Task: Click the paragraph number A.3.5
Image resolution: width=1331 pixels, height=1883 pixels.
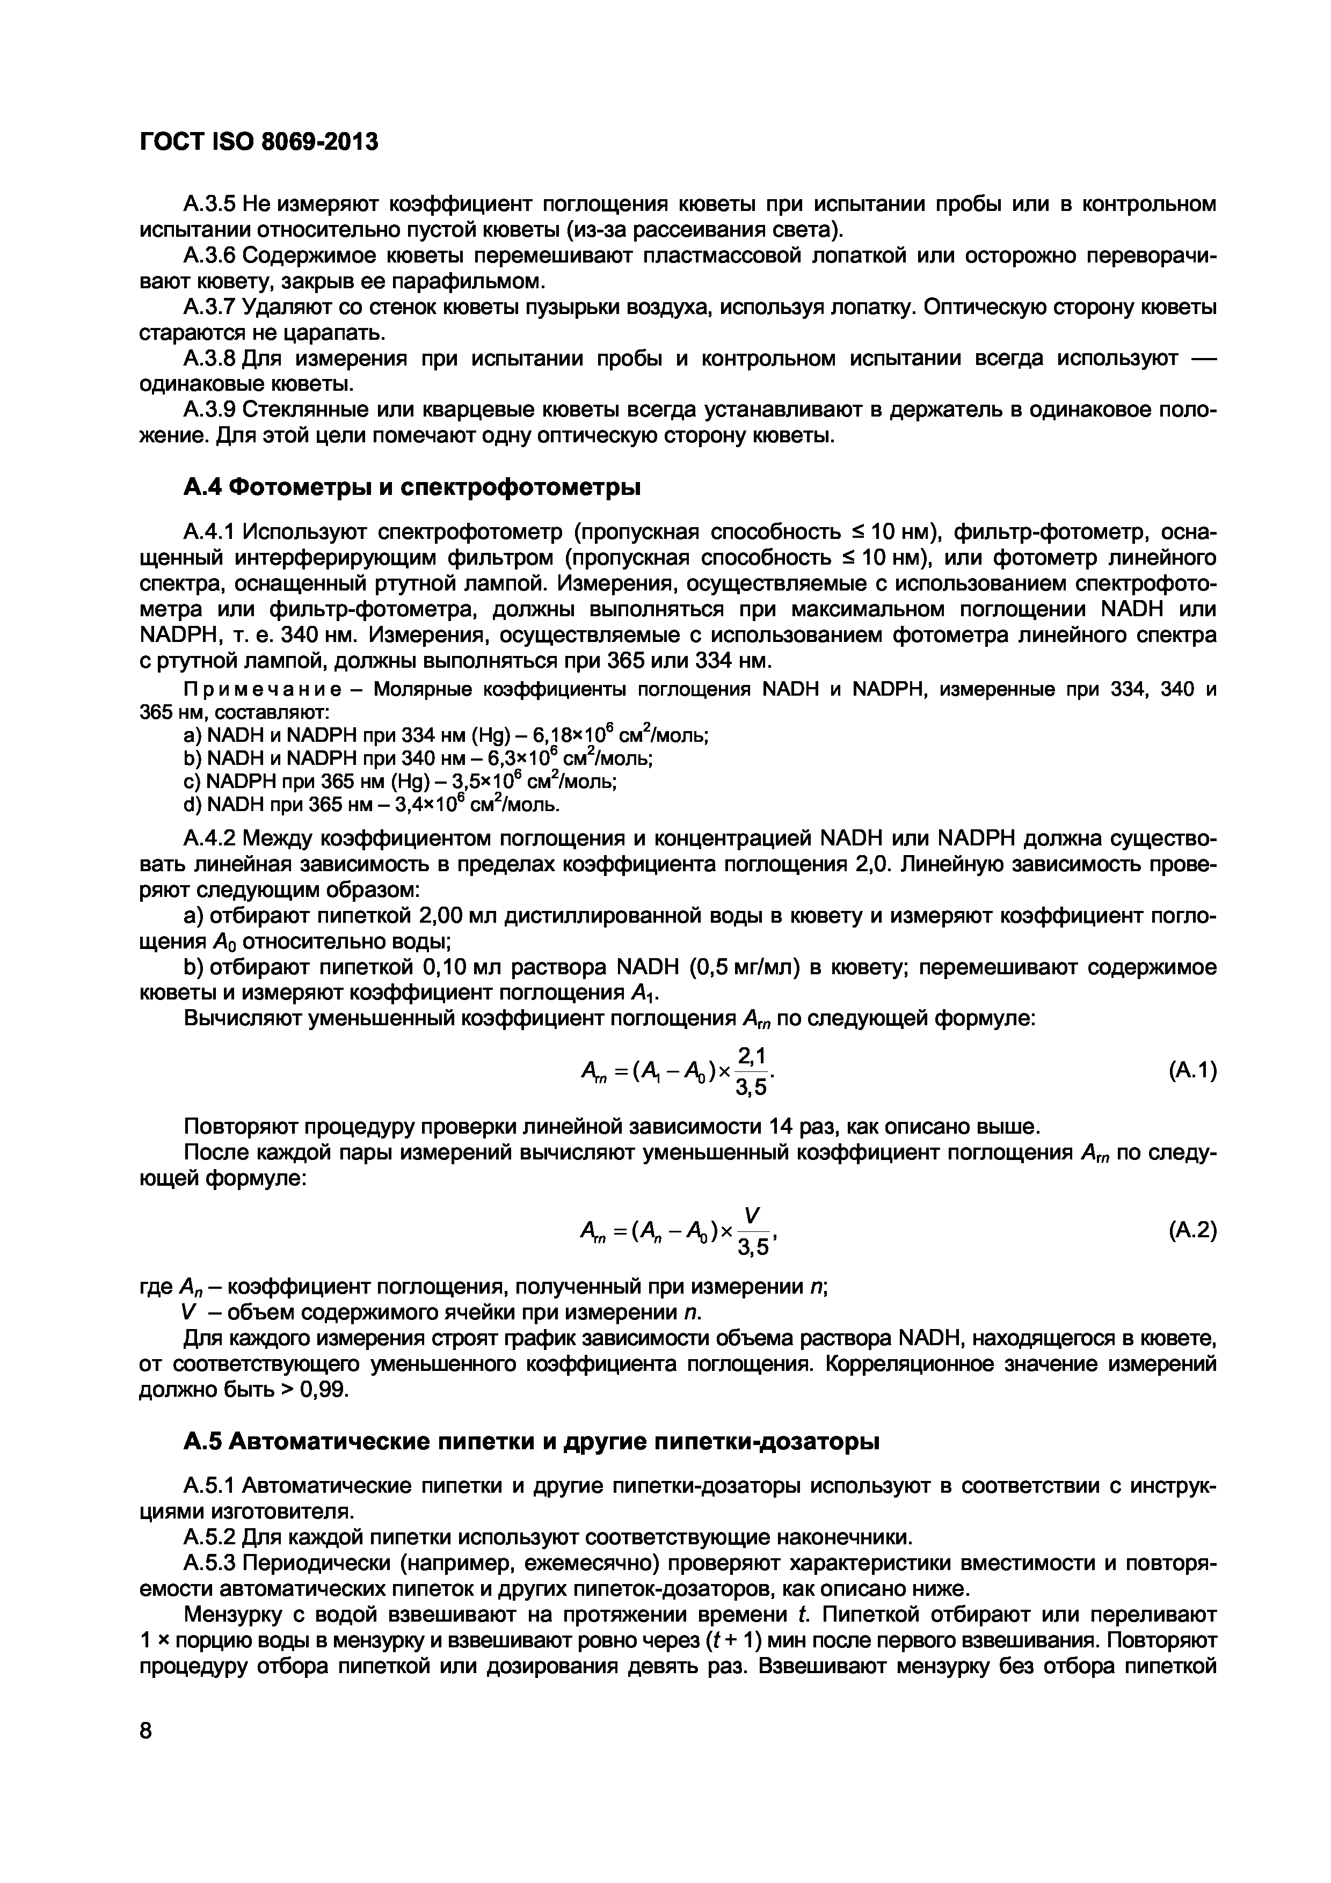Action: pyautogui.click(x=209, y=203)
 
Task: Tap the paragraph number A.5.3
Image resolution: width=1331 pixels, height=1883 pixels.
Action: pyautogui.click(x=209, y=1563)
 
